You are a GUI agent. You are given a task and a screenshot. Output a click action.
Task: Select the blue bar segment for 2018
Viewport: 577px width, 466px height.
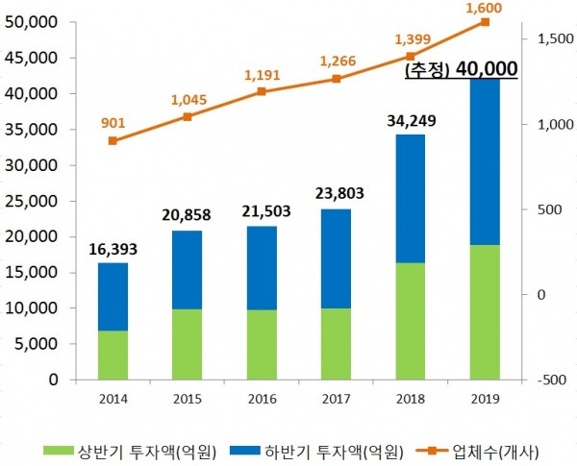[x=410, y=198]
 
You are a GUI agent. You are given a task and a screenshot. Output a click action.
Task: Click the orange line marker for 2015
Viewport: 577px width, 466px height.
[x=187, y=117]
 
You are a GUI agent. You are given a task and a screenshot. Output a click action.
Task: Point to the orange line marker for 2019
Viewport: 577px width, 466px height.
[x=485, y=22]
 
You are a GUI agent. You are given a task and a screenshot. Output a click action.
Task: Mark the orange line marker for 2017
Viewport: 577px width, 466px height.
[x=336, y=79]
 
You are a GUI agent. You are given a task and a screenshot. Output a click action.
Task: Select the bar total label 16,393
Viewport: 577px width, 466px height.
[x=113, y=249]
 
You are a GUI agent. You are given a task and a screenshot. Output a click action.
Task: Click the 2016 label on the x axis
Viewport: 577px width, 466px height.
[x=261, y=398]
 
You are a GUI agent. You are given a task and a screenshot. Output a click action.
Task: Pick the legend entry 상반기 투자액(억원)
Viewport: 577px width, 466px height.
[x=142, y=449]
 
